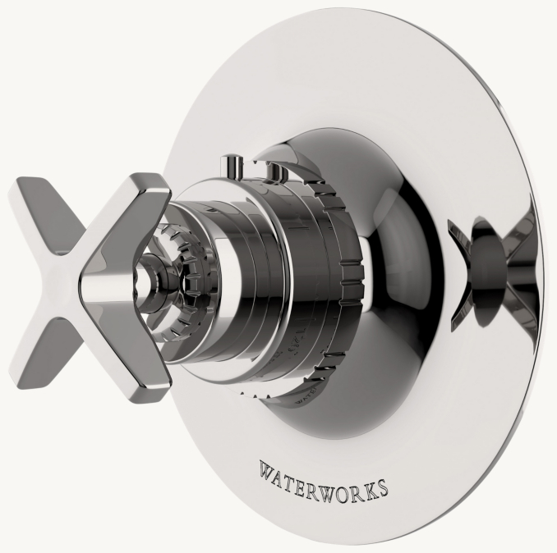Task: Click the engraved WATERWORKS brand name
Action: coord(324,478)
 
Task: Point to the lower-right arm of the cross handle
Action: coord(148,361)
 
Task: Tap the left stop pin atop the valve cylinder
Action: coord(234,165)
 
